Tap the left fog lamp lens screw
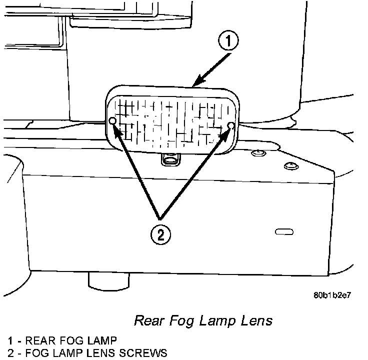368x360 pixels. [x=112, y=121]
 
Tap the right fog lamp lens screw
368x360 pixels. [x=230, y=125]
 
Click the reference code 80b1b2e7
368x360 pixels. [x=332, y=295]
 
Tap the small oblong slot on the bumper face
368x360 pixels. [x=283, y=231]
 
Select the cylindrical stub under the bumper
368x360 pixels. [x=108, y=280]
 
